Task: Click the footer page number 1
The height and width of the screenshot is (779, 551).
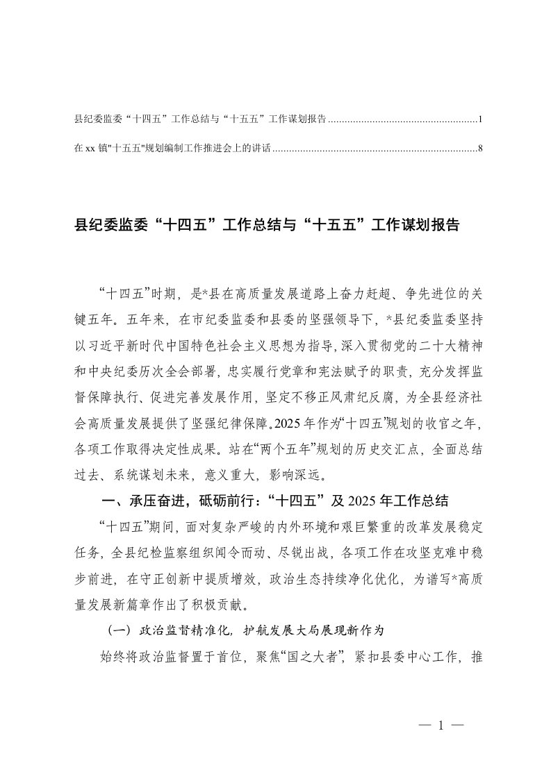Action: (441, 726)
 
